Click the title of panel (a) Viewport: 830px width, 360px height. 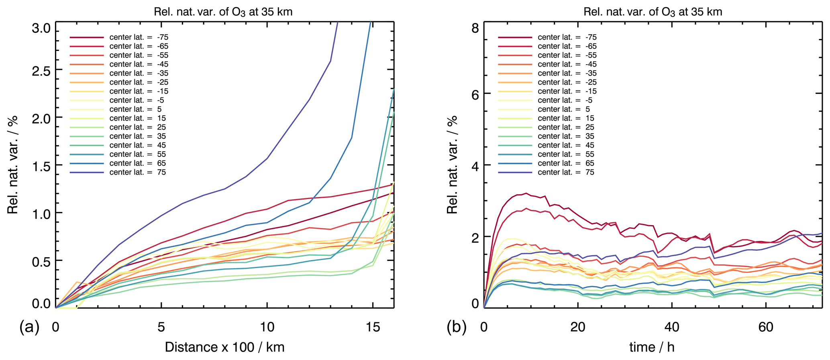coord(223,12)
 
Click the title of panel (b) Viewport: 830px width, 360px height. coord(653,12)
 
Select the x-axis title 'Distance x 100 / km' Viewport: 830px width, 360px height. coord(224,347)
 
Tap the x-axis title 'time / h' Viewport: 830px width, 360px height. coord(652,347)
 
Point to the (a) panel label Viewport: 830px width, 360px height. coord(29,327)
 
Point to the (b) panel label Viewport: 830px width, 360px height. coord(457,327)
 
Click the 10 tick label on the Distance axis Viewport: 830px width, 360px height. coord(267,327)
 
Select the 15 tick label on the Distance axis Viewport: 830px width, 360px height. coord(373,327)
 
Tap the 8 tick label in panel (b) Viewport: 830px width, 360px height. coord(475,28)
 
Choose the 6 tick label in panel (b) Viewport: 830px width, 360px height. coord(475,94)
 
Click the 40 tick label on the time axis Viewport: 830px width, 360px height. coord(672,327)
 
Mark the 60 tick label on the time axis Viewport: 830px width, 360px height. coord(766,327)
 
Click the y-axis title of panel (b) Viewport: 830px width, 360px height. coord(453,165)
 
